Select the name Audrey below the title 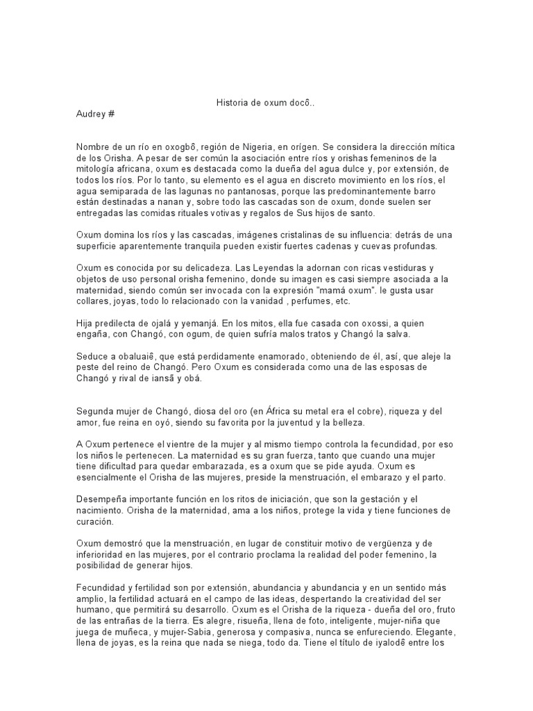[90, 113]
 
